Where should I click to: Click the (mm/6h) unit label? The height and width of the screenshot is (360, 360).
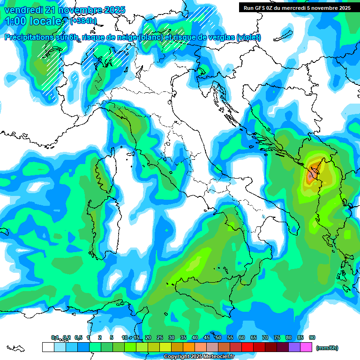point(327,348)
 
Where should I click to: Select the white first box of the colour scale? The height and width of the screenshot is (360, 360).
point(48,347)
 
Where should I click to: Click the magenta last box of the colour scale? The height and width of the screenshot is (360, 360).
point(306,347)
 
